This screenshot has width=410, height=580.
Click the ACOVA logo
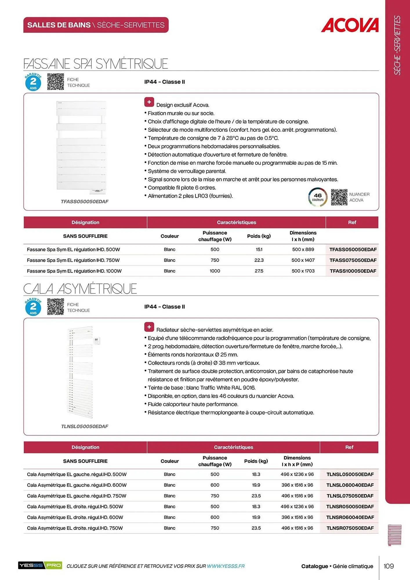(x=350, y=25)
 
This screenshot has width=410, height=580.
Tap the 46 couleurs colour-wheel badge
(x=318, y=197)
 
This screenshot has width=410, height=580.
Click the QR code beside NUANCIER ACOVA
(x=339, y=197)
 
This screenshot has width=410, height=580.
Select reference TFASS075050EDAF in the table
(x=353, y=260)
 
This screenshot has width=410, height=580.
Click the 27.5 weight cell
(x=259, y=271)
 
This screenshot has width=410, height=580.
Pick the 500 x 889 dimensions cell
(x=303, y=249)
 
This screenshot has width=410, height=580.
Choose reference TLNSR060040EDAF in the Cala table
(x=350, y=517)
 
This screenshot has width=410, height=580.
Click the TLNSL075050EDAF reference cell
(x=350, y=496)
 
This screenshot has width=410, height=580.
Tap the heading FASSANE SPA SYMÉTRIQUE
(x=96, y=64)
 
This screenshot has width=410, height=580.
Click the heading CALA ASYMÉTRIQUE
(x=80, y=289)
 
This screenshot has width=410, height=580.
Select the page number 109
(x=389, y=566)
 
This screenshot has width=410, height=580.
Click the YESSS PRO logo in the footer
(x=40, y=565)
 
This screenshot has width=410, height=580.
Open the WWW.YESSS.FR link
(x=226, y=566)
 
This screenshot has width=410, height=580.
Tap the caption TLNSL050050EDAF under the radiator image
(x=84, y=426)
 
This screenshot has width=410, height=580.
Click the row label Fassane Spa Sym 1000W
(x=74, y=271)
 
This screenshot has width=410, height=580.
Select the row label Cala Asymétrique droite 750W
(x=75, y=528)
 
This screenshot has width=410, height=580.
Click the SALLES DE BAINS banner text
(x=96, y=25)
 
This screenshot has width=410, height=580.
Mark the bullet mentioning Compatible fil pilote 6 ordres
(x=182, y=188)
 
